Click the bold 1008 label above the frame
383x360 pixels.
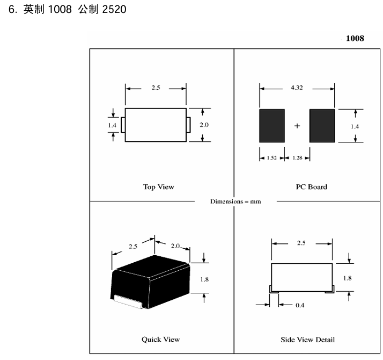355,38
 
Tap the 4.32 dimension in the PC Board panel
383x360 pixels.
296,87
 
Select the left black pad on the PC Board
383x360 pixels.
272,126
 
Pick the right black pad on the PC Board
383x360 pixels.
322,126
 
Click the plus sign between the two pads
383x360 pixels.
297,126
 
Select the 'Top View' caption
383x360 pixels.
158,187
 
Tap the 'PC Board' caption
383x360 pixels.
311,187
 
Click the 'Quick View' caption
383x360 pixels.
160,339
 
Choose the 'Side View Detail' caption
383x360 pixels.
308,339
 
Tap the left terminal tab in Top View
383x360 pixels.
123,125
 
